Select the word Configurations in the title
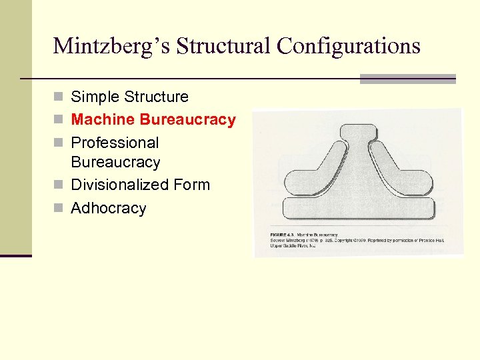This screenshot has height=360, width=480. [x=349, y=46]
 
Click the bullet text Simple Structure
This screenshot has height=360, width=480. [x=129, y=97]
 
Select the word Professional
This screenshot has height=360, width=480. [x=115, y=143]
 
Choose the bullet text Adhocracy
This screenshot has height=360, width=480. [x=108, y=208]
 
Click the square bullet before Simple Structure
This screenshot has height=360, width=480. [x=59, y=97]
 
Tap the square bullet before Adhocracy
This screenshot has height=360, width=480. [x=59, y=209]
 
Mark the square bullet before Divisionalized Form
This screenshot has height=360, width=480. [x=59, y=185]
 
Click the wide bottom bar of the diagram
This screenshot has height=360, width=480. [x=358, y=208]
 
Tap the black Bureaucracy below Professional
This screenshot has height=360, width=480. [x=115, y=162]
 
